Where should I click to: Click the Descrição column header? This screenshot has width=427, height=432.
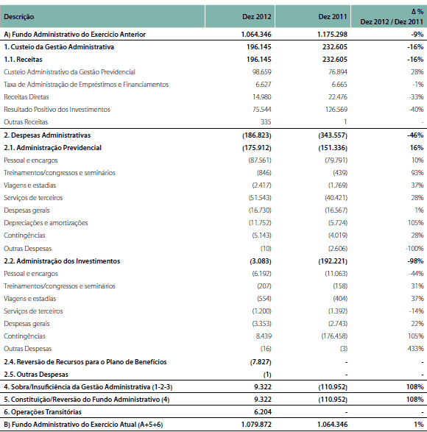click(x=18, y=17)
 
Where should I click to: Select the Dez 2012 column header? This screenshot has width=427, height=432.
click(x=257, y=17)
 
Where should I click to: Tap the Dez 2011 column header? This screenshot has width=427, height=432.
click(x=333, y=17)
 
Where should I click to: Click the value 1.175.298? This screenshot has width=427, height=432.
click(x=332, y=35)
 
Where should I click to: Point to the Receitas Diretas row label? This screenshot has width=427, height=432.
click(x=27, y=97)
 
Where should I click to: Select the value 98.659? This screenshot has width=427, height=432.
click(x=261, y=72)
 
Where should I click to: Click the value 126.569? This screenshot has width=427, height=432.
click(x=336, y=110)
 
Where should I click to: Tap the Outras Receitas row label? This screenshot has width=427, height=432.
click(x=26, y=121)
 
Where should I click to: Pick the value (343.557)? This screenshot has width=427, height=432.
click(x=333, y=135)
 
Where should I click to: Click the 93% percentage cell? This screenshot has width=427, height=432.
click(x=417, y=173)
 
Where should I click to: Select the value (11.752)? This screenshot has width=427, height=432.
click(x=260, y=223)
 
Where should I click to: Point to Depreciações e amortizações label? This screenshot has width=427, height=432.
click(x=46, y=223)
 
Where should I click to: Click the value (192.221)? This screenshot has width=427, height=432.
click(x=333, y=261)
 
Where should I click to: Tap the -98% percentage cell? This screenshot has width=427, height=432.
click(x=415, y=261)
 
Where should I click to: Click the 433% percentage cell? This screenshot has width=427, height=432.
click(x=415, y=349)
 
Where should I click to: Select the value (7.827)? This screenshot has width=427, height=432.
click(x=261, y=362)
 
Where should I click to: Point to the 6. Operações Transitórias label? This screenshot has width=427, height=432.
click(x=43, y=412)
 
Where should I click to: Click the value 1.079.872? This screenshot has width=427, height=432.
click(x=256, y=425)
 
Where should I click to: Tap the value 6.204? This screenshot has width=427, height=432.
click(x=263, y=412)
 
